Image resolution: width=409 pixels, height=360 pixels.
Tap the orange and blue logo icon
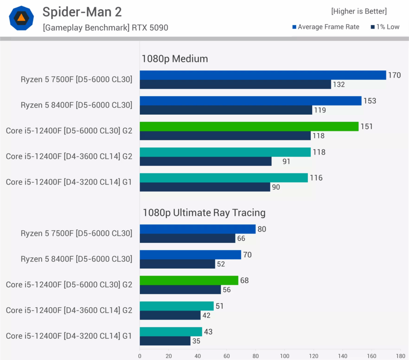point(22,18)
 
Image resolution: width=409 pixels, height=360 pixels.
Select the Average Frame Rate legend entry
point(326,27)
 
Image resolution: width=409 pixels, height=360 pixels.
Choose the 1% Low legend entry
point(385,27)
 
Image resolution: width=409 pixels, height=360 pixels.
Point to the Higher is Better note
point(359,11)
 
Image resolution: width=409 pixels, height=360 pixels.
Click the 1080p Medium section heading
point(175,59)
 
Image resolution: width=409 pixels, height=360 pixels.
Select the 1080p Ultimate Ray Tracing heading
point(204,213)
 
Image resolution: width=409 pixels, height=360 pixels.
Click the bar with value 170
point(263,75)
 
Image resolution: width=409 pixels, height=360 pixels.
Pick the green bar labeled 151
point(249,126)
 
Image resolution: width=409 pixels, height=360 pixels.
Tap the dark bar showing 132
point(236,84)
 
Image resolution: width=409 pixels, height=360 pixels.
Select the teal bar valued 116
point(224,178)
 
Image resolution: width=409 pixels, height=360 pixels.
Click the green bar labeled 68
point(189,280)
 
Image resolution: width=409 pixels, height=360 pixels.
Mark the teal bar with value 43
point(171,332)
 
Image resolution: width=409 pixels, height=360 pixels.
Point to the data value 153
point(369,101)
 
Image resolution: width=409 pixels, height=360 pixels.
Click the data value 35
point(196,341)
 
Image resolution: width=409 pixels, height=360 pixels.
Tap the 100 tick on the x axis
point(285,356)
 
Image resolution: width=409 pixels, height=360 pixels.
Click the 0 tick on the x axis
point(140,356)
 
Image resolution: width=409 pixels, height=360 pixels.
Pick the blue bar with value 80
point(198,229)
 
